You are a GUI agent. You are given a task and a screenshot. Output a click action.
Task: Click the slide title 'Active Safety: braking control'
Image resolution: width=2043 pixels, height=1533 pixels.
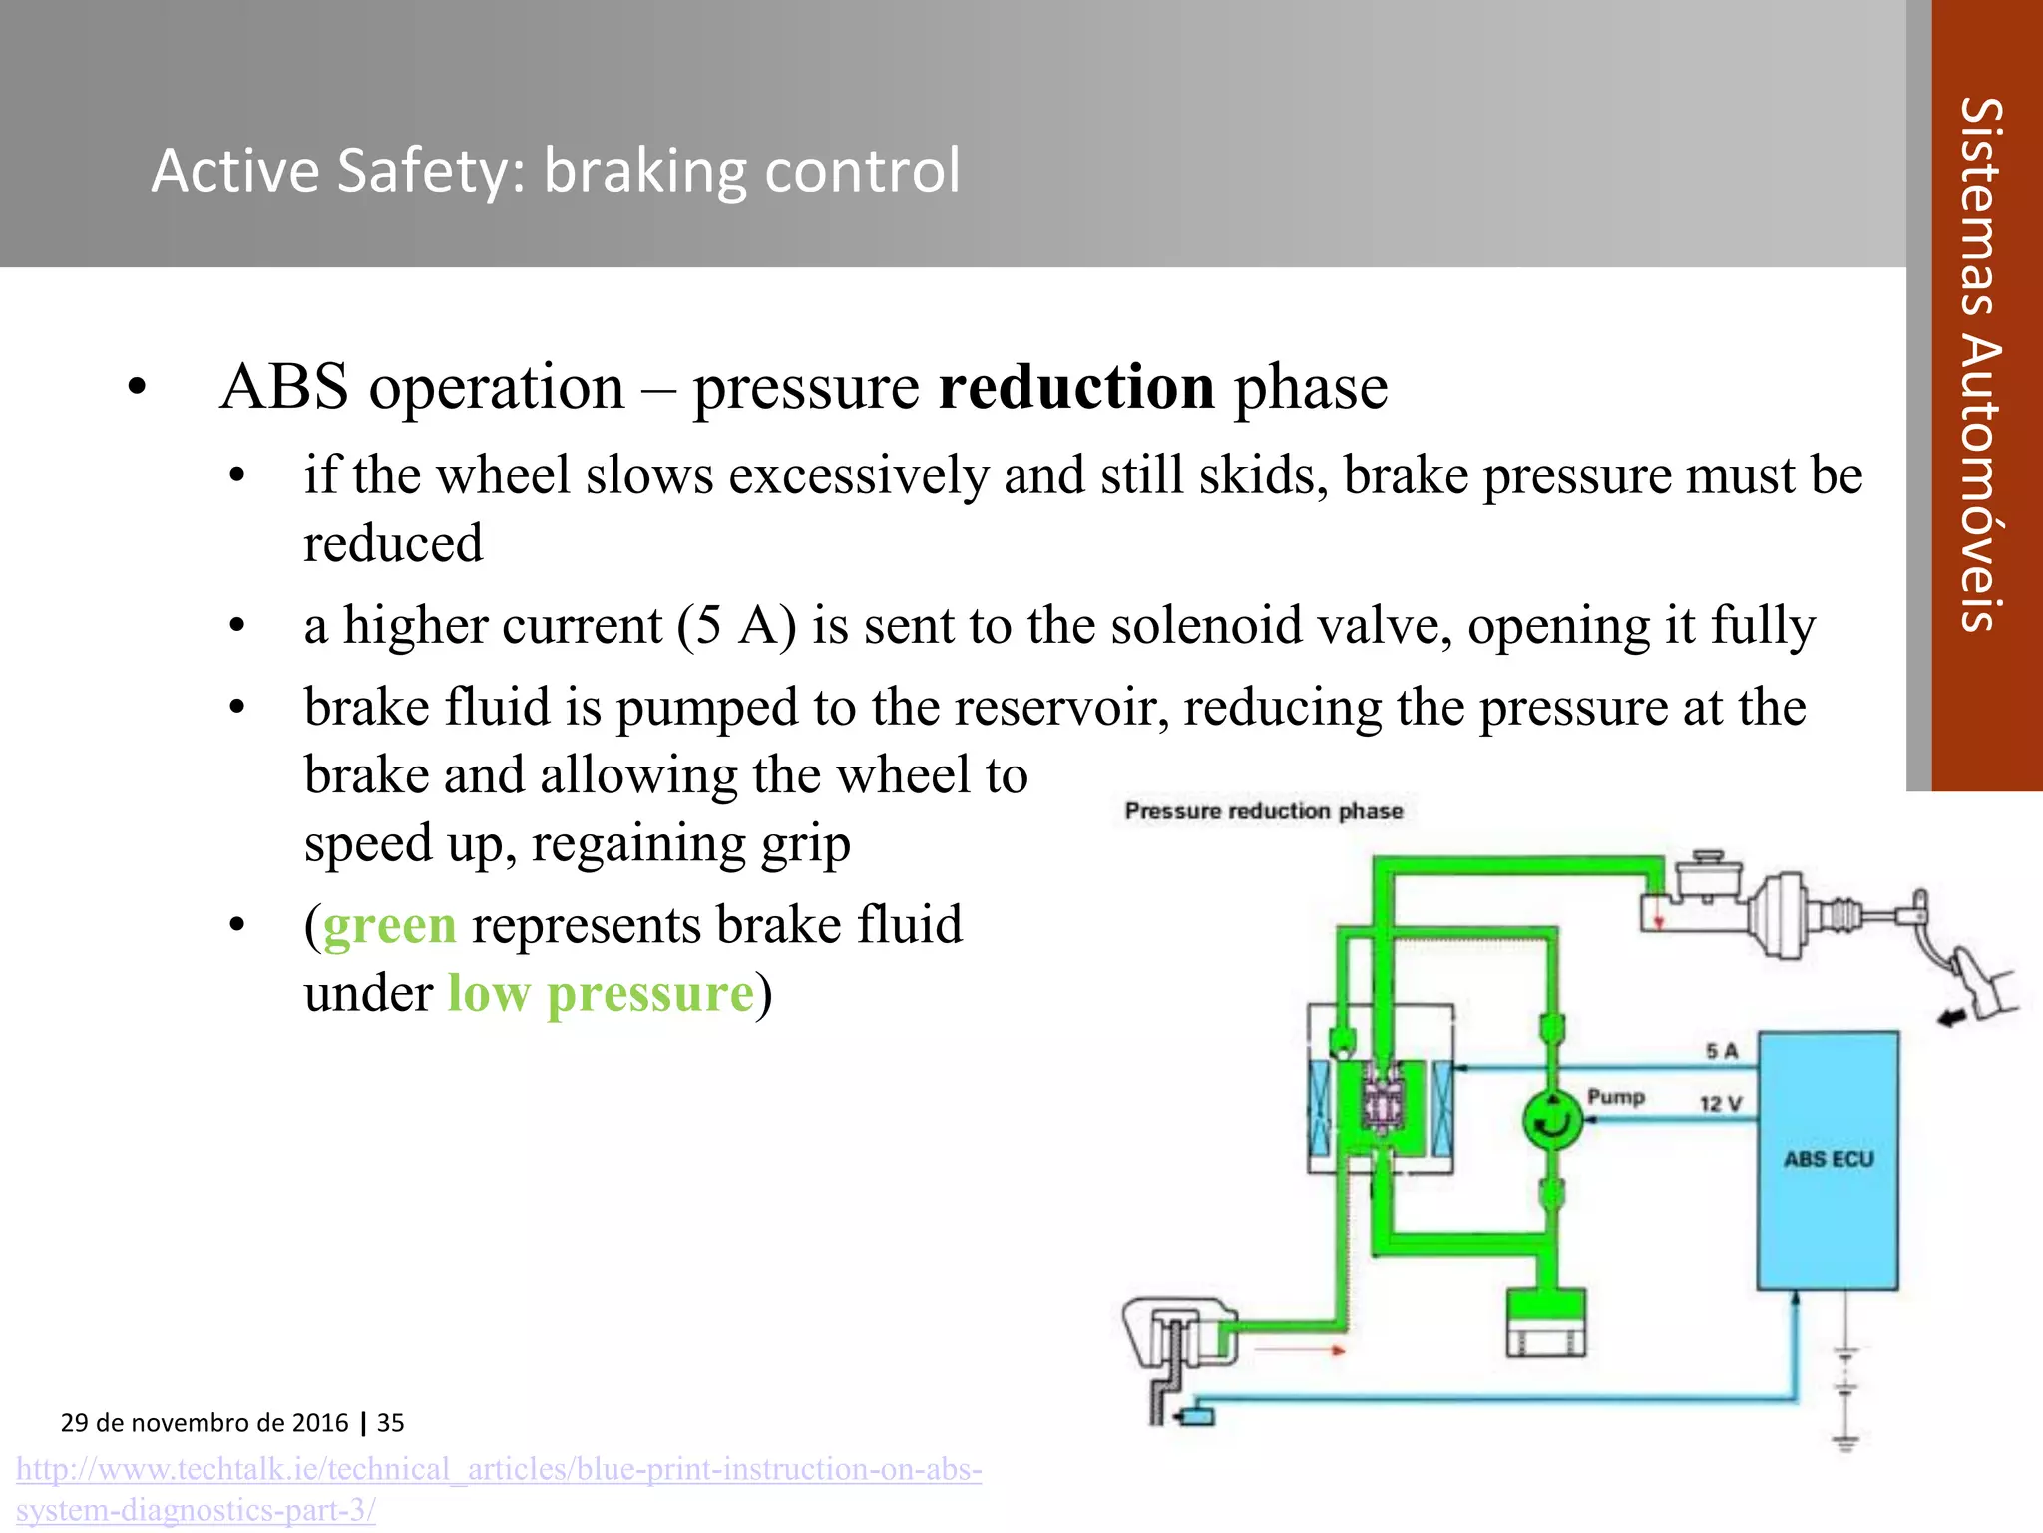click(556, 170)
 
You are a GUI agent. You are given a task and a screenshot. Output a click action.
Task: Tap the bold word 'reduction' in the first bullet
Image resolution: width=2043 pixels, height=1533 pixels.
click(1076, 387)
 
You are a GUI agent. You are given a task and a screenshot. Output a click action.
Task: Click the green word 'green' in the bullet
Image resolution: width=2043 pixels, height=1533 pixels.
click(389, 925)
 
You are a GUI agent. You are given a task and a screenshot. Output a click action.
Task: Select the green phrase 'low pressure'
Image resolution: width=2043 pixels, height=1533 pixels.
click(601, 994)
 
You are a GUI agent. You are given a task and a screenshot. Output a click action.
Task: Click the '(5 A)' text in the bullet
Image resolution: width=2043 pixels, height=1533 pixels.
click(736, 626)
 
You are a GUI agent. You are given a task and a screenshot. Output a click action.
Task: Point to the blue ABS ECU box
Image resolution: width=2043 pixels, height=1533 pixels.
click(1828, 1160)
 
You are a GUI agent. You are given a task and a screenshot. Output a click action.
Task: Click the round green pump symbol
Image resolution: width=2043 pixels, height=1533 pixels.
click(1552, 1120)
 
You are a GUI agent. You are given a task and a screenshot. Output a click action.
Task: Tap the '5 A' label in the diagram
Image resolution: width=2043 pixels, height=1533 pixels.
click(1722, 1051)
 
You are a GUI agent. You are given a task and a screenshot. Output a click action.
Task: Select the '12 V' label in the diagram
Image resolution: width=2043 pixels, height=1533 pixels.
click(1720, 1104)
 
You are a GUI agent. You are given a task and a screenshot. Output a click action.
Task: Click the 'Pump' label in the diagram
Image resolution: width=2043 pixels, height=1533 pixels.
click(1616, 1097)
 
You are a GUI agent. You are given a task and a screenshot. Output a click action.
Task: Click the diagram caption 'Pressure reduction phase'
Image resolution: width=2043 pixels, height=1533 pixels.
click(1263, 811)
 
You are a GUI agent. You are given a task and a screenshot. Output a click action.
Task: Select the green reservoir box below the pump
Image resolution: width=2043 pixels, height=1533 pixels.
click(1545, 1322)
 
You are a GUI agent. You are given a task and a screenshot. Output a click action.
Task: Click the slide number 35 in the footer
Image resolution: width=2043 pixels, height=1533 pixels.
click(391, 1423)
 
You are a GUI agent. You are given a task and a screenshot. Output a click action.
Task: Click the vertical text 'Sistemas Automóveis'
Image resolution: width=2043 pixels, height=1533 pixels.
click(1981, 364)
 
